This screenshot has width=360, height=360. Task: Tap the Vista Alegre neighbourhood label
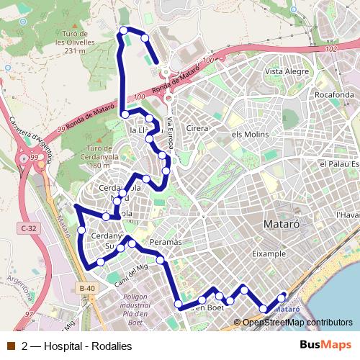tap(287, 71)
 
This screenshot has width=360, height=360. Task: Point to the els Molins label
tap(250, 135)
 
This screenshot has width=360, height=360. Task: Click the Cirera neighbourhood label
tap(197, 128)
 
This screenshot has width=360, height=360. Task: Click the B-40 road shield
tap(86, 288)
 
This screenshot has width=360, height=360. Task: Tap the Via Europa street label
tap(171, 133)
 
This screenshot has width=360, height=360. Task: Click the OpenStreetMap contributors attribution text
tap(297, 322)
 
